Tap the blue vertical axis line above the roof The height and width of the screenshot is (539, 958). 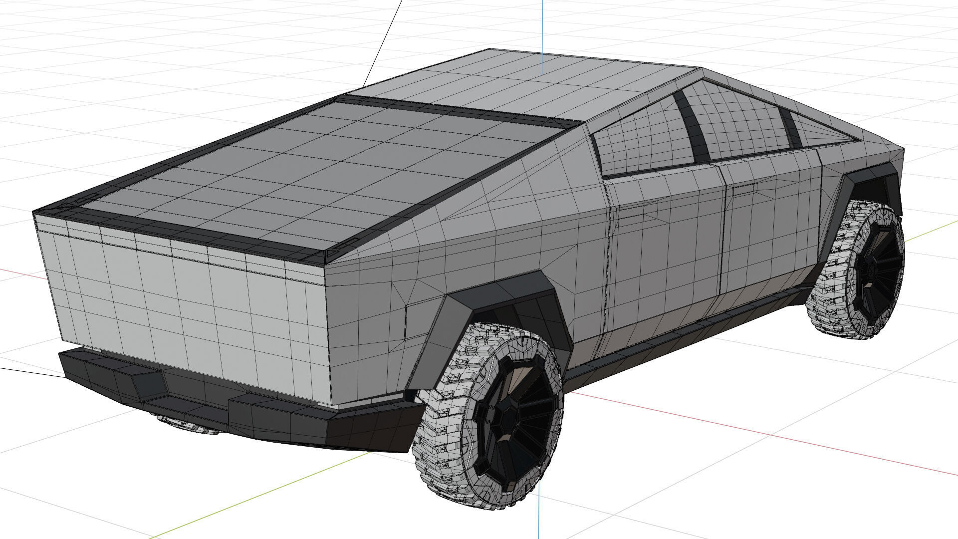point(543,30)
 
